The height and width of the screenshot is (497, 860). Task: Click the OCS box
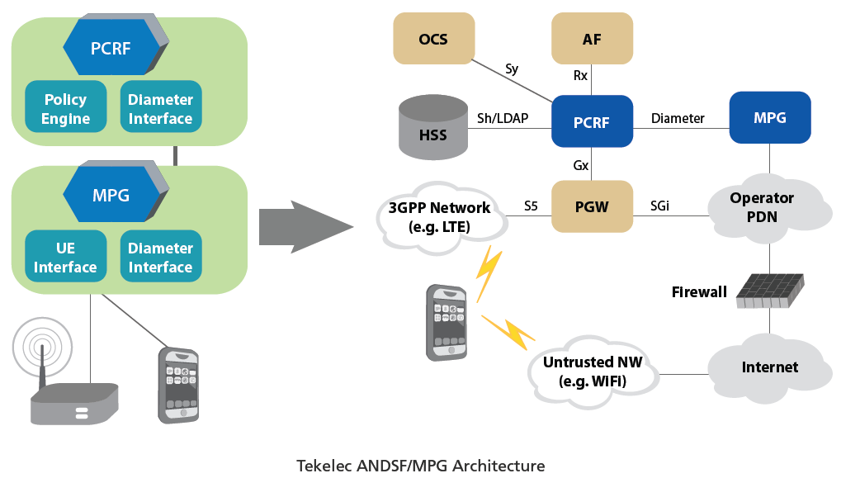coord(433,39)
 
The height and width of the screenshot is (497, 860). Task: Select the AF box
coord(592,39)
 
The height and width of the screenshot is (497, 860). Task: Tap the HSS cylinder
coord(432,129)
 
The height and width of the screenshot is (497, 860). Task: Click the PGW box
coord(592,206)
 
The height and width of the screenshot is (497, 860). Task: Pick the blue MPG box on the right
coord(769,118)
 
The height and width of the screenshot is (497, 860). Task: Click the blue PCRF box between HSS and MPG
coord(592,123)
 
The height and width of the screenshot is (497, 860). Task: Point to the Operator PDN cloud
coord(762,206)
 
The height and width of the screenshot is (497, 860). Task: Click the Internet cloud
coord(769,367)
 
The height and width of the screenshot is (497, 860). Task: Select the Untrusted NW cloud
coord(593,371)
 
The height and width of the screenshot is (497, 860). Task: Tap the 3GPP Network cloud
coord(439,216)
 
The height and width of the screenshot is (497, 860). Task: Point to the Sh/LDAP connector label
coord(503,118)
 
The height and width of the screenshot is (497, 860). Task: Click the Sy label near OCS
coord(512,69)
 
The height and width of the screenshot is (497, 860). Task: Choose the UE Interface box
coord(65,258)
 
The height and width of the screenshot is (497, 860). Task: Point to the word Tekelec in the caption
coord(323,466)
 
